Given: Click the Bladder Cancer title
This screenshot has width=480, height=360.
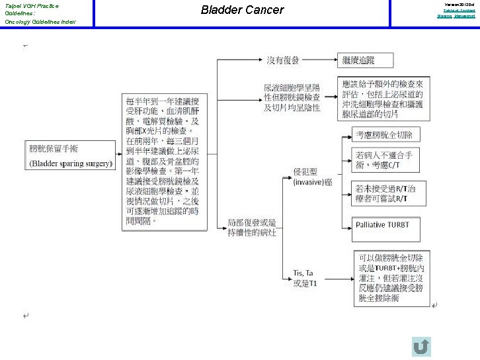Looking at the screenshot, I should tap(242, 10).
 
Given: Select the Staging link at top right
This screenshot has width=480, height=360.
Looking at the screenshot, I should tap(443, 15).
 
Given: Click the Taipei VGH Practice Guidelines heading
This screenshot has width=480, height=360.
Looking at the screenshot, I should tap(32, 9).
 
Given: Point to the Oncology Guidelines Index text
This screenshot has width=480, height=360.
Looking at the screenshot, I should tap(40, 22).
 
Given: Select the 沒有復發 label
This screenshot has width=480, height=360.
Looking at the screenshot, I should tap(283, 60).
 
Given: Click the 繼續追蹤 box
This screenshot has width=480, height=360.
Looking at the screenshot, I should tap(366, 60).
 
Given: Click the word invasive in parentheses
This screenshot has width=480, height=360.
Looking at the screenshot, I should tap(309, 182).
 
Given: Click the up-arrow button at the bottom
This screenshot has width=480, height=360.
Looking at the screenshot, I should tap(421, 346).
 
